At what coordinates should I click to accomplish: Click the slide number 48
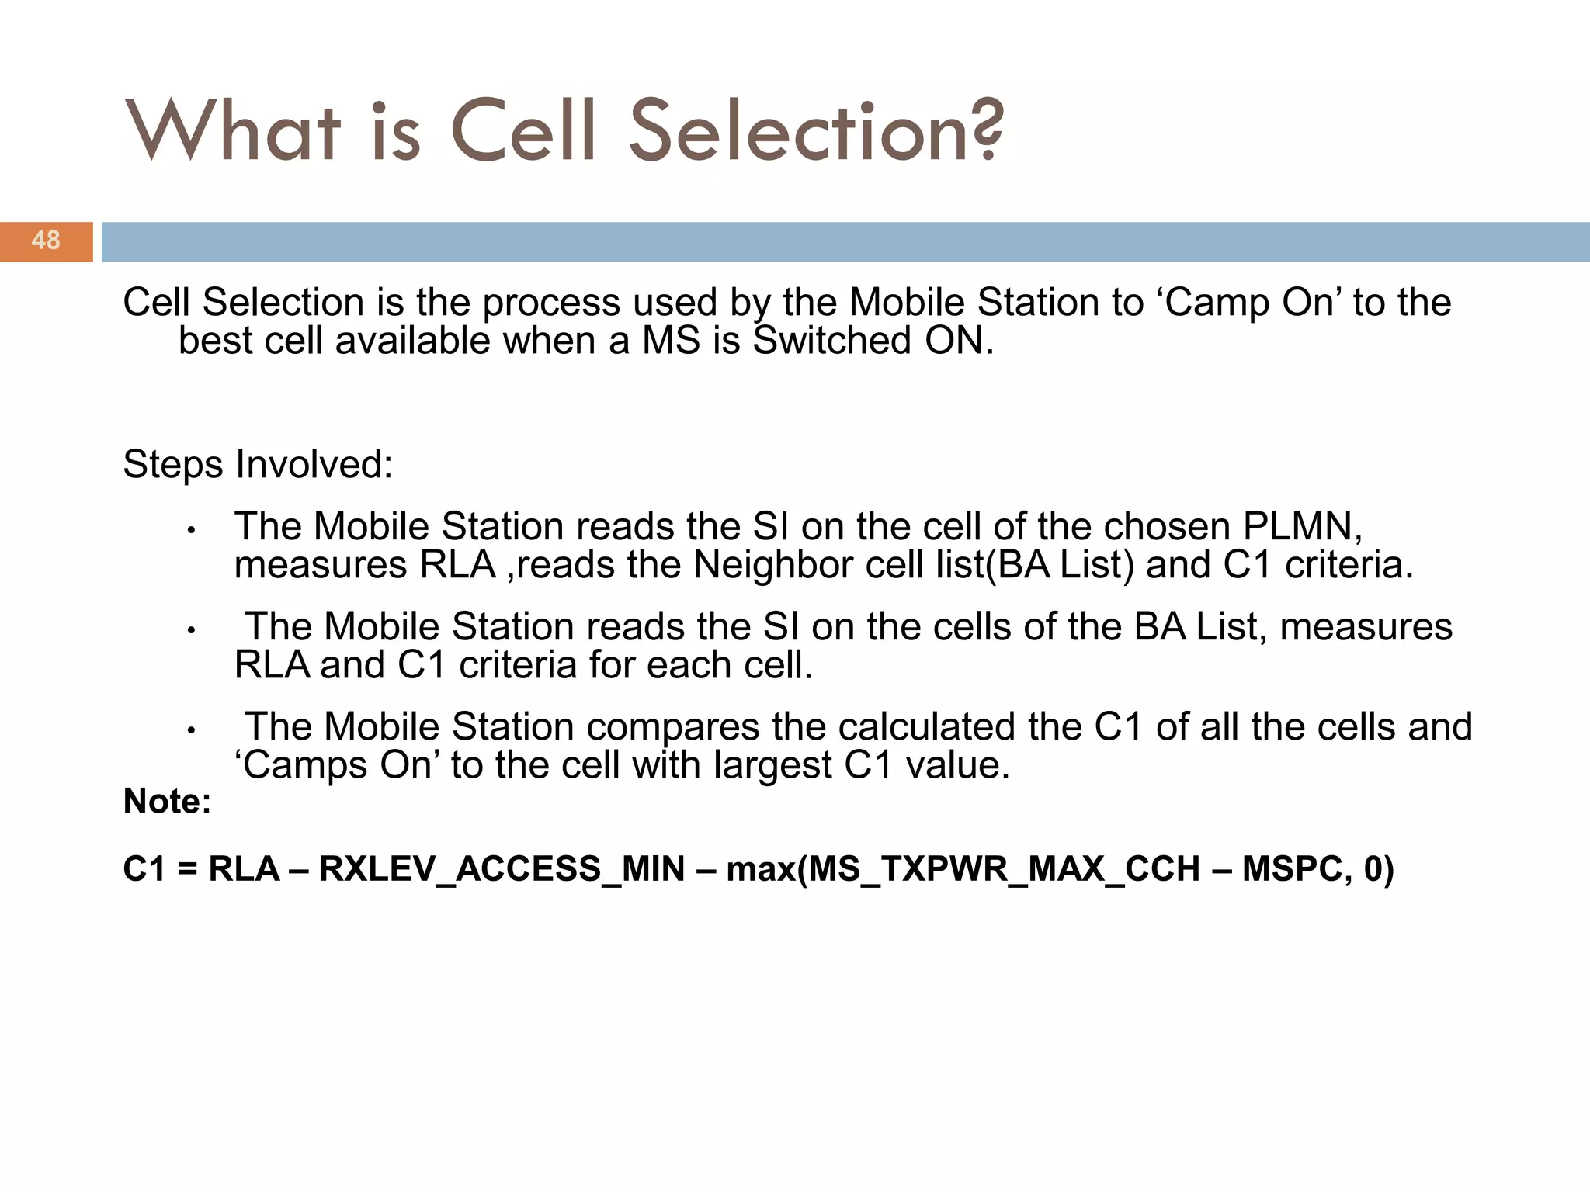tap(46, 241)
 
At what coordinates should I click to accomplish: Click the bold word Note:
tap(167, 802)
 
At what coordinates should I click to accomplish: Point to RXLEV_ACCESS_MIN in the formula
tap(502, 869)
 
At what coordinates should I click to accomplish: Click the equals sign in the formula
tap(187, 869)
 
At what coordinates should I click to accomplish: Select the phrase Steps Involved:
tap(258, 465)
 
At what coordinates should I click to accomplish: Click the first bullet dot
tap(190, 532)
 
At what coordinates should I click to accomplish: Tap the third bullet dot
tap(190, 731)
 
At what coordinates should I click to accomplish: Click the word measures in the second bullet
tap(1366, 627)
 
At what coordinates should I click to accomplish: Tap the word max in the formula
tap(761, 869)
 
